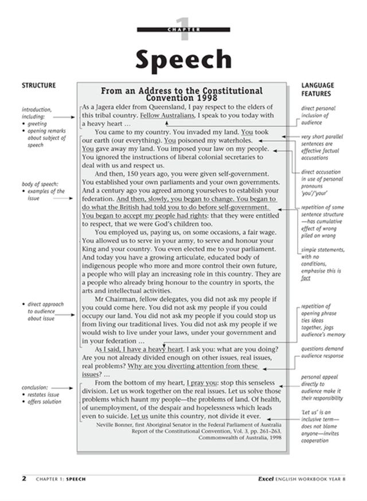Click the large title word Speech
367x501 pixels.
[x=183, y=60]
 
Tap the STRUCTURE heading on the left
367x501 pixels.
[x=38, y=86]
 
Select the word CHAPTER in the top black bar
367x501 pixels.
[x=183, y=29]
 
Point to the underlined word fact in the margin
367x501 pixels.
[x=306, y=278]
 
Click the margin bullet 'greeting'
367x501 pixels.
[x=37, y=124]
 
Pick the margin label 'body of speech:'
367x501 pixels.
[x=40, y=184]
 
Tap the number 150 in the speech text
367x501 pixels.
[x=142, y=174]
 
